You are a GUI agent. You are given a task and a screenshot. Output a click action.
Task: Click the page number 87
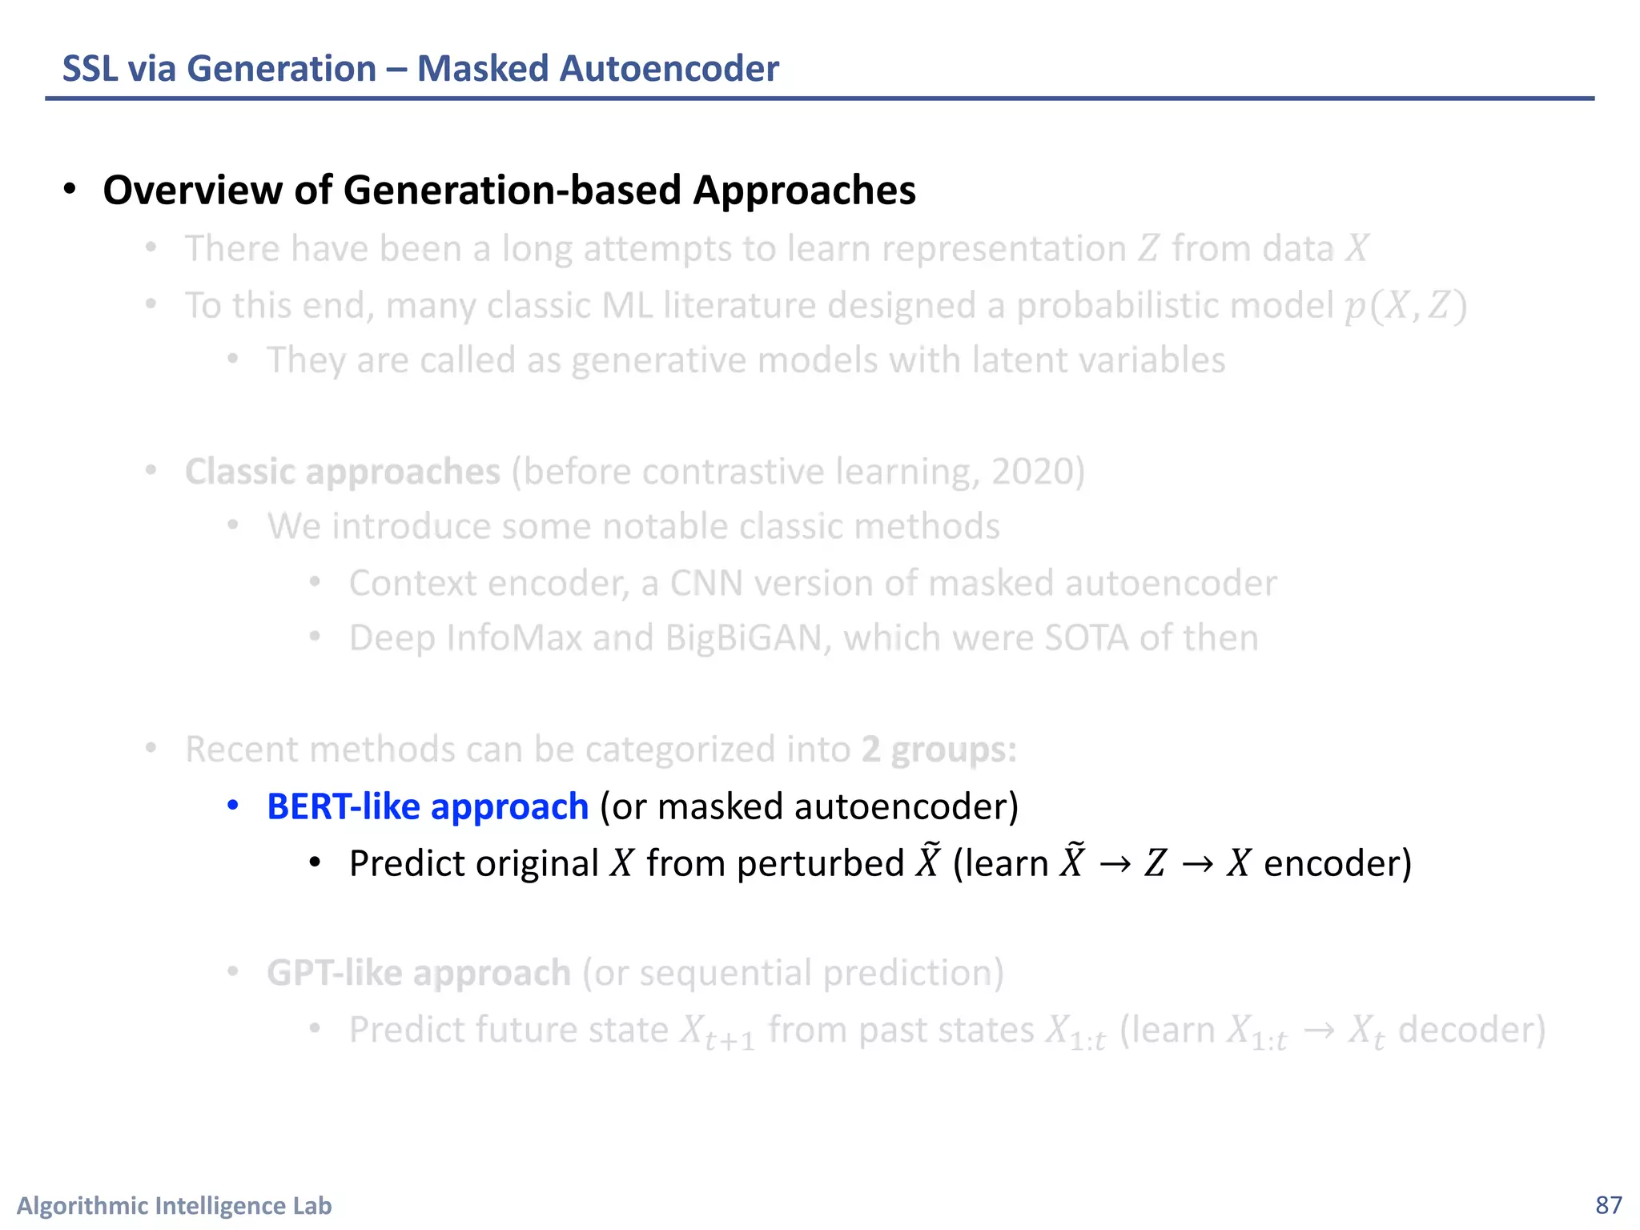click(1608, 1205)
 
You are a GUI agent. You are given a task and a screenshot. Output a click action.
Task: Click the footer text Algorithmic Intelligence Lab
click(174, 1205)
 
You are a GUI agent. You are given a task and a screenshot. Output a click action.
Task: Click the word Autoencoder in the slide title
click(669, 68)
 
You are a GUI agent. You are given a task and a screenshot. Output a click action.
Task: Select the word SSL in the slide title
click(90, 68)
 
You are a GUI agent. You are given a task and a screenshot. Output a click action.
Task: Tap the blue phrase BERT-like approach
click(427, 806)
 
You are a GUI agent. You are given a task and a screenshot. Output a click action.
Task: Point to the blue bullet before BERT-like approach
click(233, 806)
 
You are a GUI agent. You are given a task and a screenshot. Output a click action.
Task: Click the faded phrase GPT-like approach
click(418, 973)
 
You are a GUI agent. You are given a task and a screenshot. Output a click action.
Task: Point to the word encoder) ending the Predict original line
click(1337, 864)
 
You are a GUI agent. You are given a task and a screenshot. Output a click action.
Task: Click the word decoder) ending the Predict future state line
click(1471, 1030)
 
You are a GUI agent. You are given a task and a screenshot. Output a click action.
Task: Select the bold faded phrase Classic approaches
click(342, 472)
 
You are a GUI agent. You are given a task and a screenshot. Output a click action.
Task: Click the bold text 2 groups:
click(939, 750)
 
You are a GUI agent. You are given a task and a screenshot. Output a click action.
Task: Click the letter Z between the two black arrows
click(1155, 864)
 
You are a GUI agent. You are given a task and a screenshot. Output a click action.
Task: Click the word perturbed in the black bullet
click(820, 864)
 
